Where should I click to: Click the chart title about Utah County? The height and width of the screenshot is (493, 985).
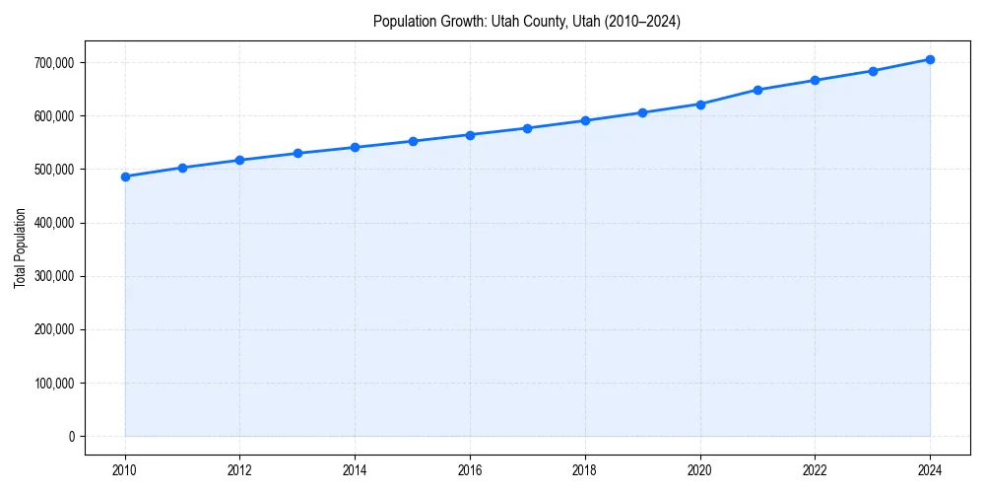click(527, 21)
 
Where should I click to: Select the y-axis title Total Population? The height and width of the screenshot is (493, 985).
click(20, 247)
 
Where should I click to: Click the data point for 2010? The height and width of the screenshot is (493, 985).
click(125, 176)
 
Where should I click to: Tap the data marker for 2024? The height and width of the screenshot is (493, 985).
click(930, 59)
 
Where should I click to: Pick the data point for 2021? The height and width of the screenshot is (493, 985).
click(757, 90)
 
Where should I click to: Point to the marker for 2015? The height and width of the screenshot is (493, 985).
click(413, 141)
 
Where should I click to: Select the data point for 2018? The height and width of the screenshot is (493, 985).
click(585, 120)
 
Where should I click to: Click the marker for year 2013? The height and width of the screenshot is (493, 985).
click(297, 153)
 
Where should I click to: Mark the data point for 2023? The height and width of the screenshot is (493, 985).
click(873, 71)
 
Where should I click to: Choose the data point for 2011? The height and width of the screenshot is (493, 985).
click(182, 168)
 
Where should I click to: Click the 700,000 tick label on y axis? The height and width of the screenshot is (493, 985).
click(54, 63)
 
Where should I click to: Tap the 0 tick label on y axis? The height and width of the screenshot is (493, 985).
click(71, 437)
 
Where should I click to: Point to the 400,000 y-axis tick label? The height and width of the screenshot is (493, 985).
click(54, 223)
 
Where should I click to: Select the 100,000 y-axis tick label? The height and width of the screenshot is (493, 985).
click(54, 384)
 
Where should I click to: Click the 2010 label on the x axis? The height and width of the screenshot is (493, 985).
click(125, 469)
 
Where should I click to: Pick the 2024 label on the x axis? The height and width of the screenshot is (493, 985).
click(930, 469)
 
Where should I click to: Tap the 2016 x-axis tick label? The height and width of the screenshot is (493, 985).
click(470, 469)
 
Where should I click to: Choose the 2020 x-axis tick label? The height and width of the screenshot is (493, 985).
click(700, 469)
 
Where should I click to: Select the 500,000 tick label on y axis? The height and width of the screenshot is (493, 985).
click(54, 170)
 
